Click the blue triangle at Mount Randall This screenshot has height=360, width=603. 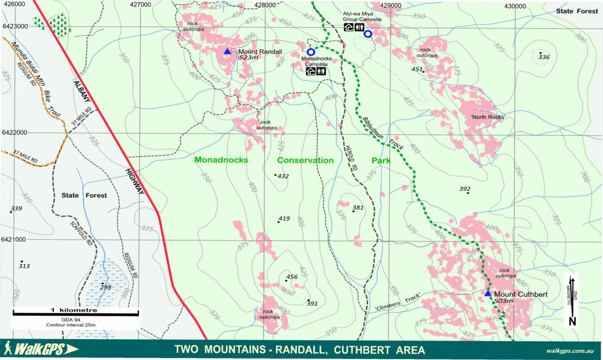click(x=227, y=51)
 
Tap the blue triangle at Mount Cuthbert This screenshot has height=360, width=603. click(x=487, y=293)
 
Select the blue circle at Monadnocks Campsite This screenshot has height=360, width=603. click(x=311, y=52)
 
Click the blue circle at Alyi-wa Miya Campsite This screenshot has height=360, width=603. click(x=368, y=34)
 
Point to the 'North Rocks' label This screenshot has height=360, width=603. click(x=488, y=117)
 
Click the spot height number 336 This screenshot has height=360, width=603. click(x=544, y=57)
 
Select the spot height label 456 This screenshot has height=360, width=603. click(x=292, y=277)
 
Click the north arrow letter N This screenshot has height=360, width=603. click(x=572, y=321)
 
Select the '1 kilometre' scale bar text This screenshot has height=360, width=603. click(x=74, y=310)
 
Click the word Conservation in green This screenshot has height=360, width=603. click(x=306, y=160)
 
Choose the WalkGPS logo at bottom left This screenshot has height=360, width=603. click(x=40, y=349)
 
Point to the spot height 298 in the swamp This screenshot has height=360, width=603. click(x=106, y=287)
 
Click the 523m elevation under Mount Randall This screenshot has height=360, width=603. click(x=248, y=58)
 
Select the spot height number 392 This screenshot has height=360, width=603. click(x=465, y=189)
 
